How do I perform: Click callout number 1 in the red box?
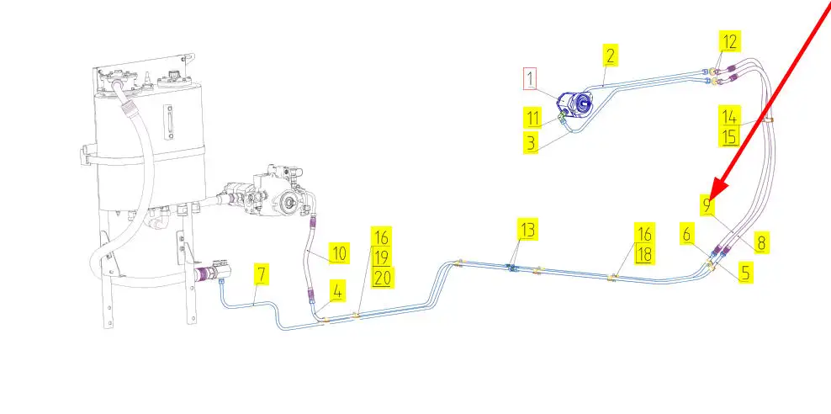[x=530, y=80]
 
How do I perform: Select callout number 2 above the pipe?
[x=610, y=56]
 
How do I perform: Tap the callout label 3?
[x=530, y=142]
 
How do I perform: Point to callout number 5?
[x=745, y=273]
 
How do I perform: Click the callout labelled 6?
[x=687, y=236]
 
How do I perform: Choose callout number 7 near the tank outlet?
[x=262, y=274]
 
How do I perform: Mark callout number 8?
[x=760, y=244]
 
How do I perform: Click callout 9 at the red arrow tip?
[x=708, y=204]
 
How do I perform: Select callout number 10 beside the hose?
[x=338, y=252]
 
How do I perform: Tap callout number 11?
[x=533, y=117]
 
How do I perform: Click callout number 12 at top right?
[x=729, y=40]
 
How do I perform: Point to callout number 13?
[x=527, y=229]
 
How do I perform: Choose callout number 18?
[x=644, y=253]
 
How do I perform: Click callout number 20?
[x=382, y=278]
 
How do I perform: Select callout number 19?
[x=382, y=257]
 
